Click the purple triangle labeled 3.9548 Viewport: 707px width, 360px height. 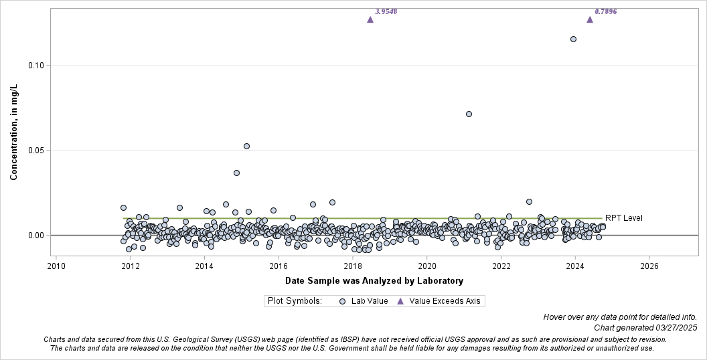click(x=370, y=19)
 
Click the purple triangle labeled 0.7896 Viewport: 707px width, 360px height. click(x=590, y=19)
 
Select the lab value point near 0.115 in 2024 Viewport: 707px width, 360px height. click(x=573, y=39)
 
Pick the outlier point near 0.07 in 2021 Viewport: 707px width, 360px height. click(x=469, y=114)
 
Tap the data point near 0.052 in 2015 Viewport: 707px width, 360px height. click(x=246, y=146)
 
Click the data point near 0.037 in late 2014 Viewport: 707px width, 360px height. click(x=236, y=173)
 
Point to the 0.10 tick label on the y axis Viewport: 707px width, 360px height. click(x=35, y=66)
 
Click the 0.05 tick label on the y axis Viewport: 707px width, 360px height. click(x=35, y=151)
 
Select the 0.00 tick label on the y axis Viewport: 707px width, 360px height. click(x=35, y=236)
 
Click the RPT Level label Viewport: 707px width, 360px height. click(x=623, y=218)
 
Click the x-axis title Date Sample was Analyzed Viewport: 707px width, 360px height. click(x=374, y=280)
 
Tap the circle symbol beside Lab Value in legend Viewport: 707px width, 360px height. click(x=342, y=301)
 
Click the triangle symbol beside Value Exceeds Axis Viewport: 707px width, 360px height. click(x=400, y=301)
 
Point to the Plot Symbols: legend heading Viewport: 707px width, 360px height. click(x=295, y=301)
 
